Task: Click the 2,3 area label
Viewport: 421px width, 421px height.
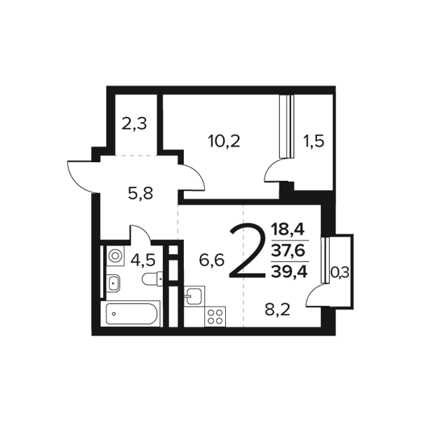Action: click(x=134, y=124)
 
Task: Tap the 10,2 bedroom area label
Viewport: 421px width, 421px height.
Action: click(x=224, y=141)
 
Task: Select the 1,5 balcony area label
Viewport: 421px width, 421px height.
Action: click(x=314, y=141)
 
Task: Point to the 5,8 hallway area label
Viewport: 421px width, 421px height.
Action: click(x=140, y=194)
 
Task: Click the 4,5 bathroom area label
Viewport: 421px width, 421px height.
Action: click(x=142, y=260)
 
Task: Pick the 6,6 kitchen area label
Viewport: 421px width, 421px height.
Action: click(x=212, y=260)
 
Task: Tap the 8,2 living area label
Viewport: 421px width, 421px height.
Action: click(x=277, y=310)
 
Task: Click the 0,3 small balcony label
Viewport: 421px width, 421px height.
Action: click(x=340, y=274)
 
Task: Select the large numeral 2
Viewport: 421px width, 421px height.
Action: click(x=247, y=251)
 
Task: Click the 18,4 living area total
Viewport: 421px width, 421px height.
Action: click(x=288, y=230)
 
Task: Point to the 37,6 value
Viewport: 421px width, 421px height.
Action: click(x=288, y=251)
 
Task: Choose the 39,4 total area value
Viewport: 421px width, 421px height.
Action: click(x=289, y=272)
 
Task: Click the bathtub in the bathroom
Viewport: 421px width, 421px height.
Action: click(x=131, y=314)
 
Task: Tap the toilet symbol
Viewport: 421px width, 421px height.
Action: click(x=152, y=279)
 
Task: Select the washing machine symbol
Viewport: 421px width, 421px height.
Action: click(x=116, y=255)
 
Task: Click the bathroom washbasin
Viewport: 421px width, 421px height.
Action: click(x=114, y=283)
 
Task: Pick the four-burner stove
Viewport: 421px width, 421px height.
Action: click(x=215, y=317)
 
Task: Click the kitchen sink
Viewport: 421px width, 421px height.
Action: click(x=194, y=296)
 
